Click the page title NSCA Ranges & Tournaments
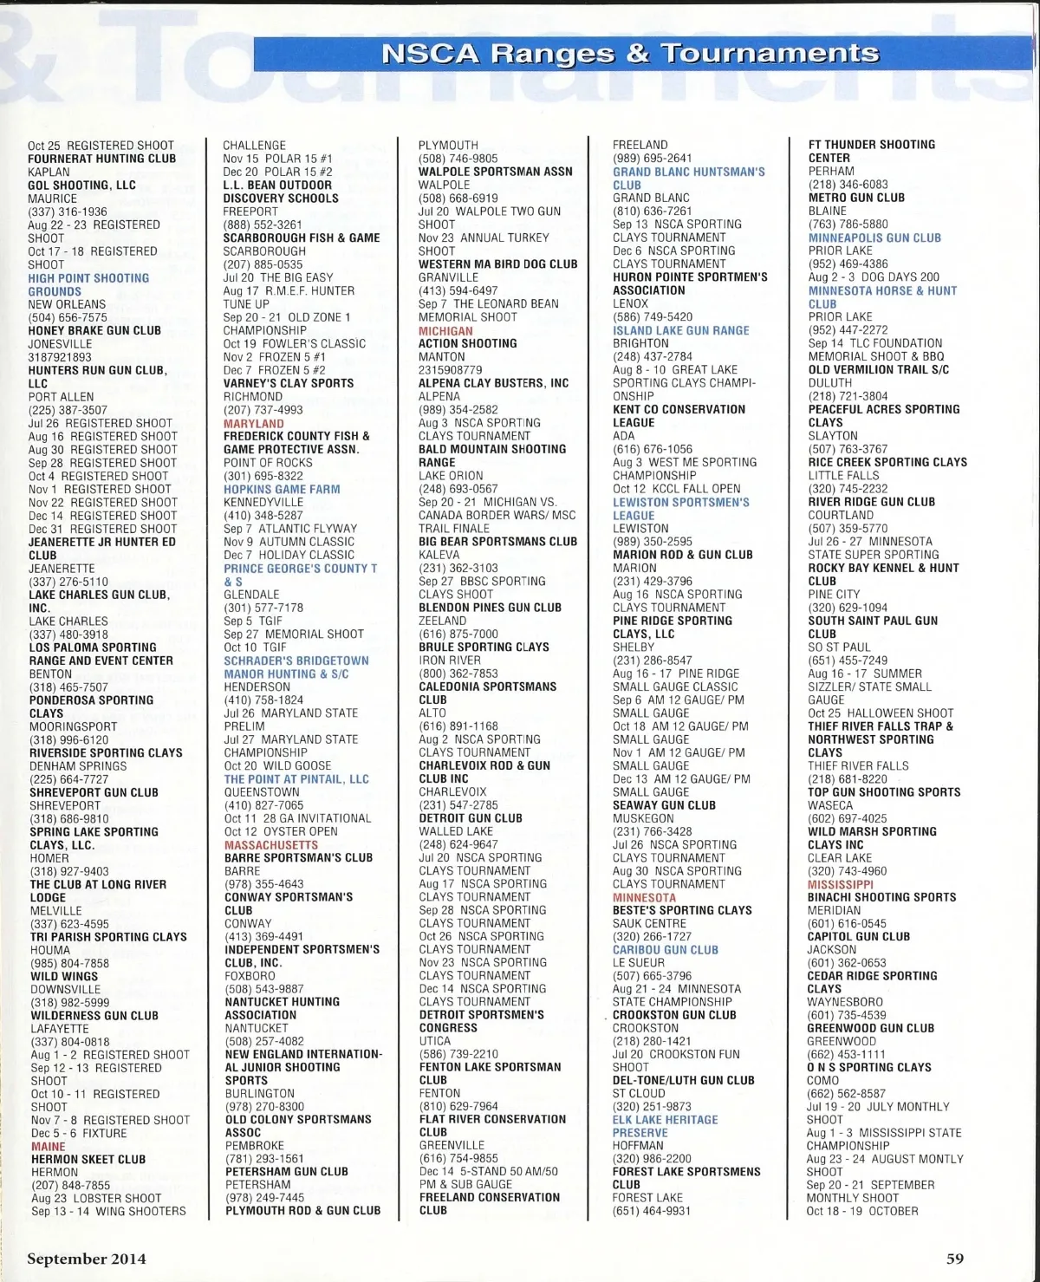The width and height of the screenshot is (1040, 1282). (630, 54)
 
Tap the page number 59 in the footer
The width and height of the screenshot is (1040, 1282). (954, 1259)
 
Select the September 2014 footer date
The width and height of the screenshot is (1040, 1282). (86, 1259)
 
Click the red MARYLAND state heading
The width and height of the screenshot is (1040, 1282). (253, 423)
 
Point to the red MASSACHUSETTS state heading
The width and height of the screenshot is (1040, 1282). (271, 844)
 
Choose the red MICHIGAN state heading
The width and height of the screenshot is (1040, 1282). (445, 330)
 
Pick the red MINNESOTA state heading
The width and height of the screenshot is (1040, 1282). (644, 897)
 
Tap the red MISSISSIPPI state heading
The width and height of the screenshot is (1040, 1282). (841, 884)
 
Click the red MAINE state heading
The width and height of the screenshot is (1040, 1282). (49, 1146)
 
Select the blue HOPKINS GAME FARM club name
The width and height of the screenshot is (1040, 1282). (282, 489)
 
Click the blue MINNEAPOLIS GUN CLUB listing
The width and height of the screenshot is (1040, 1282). (874, 238)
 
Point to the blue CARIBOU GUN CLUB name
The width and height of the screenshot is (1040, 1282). (665, 949)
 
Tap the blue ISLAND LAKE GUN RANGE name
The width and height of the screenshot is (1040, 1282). (680, 330)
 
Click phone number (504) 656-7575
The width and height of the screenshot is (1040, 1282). (68, 317)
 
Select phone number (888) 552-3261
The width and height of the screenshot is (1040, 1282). (263, 225)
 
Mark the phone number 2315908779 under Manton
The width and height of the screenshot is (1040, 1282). (450, 370)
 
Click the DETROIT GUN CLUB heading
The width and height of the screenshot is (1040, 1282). (471, 817)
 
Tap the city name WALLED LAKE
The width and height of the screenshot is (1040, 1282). (457, 831)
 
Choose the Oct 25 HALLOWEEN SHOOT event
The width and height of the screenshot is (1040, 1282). (881, 713)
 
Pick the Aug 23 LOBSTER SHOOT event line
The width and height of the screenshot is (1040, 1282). (96, 1198)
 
